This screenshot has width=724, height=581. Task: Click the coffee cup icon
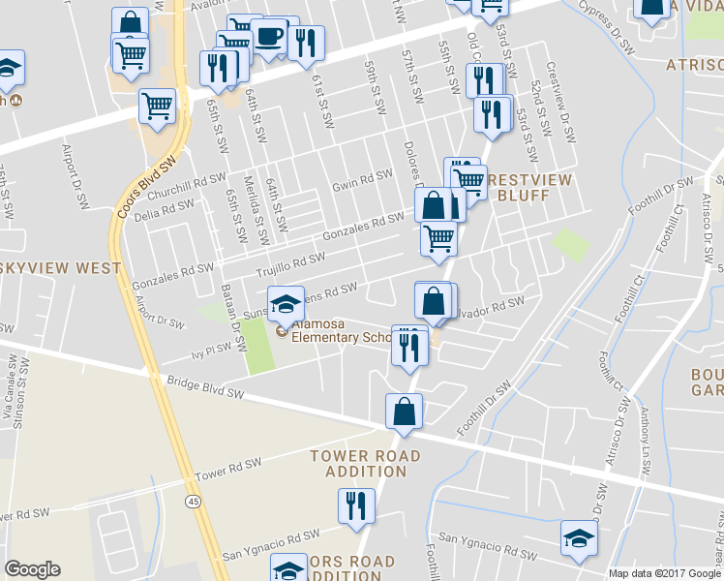269,38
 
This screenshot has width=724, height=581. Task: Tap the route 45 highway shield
193,500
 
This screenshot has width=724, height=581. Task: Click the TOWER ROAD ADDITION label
365,463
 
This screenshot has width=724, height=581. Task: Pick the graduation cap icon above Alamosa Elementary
286,303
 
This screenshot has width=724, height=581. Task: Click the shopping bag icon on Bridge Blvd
404,412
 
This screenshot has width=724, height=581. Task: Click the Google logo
33,569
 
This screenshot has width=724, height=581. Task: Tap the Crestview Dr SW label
560,104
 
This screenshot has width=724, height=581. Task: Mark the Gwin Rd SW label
362,180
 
